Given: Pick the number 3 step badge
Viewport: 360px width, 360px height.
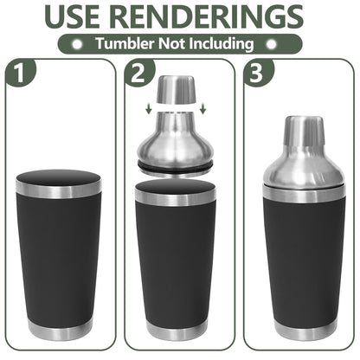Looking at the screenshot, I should tap(256, 74).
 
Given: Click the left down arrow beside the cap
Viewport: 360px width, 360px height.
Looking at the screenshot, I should tap(149, 108).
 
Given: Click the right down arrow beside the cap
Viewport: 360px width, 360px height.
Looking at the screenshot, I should tap(203, 108).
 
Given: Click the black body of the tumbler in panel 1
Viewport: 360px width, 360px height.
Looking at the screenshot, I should tap(59, 260).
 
